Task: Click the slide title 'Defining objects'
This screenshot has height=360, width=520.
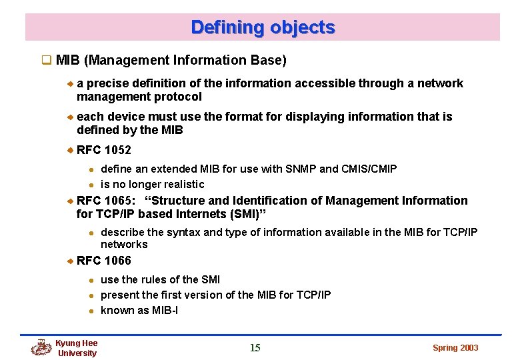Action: pos(263,27)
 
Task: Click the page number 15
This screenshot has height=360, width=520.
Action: pos(255,347)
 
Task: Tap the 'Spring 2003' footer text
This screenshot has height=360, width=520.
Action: pos(455,348)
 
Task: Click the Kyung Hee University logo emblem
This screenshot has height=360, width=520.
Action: pos(41,347)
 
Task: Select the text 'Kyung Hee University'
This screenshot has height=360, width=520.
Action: pos(77,348)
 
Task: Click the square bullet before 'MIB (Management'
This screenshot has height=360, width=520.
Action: pos(47,61)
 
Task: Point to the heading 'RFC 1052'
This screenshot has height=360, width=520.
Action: pos(104,150)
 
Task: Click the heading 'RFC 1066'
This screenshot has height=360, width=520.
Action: pos(104,261)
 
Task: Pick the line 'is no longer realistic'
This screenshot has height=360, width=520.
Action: pos(152,184)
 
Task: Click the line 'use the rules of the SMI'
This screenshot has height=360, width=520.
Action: pos(160,279)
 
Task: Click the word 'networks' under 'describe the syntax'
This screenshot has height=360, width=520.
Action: pos(124,244)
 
